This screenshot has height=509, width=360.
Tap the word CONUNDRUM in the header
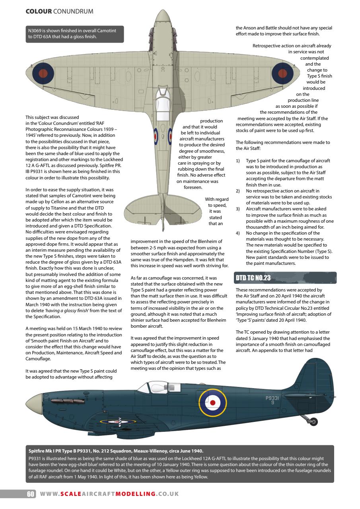pyautogui.click(x=73, y=12)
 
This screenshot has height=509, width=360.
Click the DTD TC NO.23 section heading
pyautogui.click(x=253, y=278)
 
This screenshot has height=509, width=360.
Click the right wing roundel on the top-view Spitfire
pyautogui.click(x=283, y=73)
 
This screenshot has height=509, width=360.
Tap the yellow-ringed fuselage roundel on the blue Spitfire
pyautogui.click(x=213, y=402)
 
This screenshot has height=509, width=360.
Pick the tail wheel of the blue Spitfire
pyautogui.click(x=313, y=421)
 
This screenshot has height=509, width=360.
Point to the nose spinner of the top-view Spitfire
pyautogui.click(x=162, y=19)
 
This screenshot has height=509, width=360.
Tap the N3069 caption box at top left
pyautogui.click(x=73, y=34)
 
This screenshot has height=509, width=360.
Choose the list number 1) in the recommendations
pyautogui.click(x=238, y=161)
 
